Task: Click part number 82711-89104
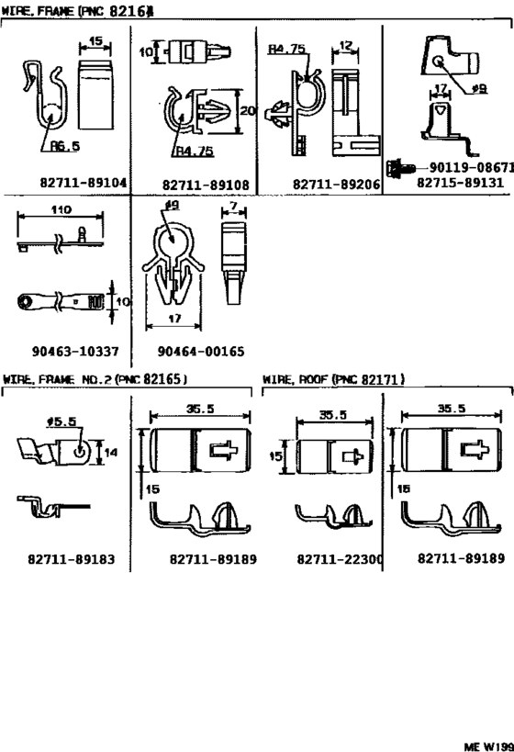(83, 183)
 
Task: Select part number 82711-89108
(206, 184)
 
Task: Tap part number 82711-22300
(340, 558)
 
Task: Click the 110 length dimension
(61, 209)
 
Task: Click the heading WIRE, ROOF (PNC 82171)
(334, 378)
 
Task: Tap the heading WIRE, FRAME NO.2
(95, 378)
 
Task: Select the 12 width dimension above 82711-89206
(346, 45)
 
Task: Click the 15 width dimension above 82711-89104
(95, 41)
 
